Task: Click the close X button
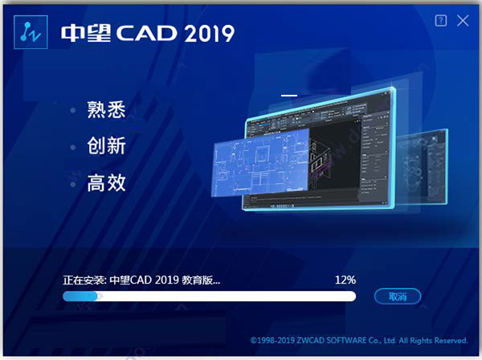pyautogui.click(x=463, y=22)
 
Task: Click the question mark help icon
pyautogui.click(x=441, y=22)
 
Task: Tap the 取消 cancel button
pyautogui.click(x=398, y=297)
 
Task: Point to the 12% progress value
pyautogui.click(x=345, y=280)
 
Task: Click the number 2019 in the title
pyautogui.click(x=208, y=33)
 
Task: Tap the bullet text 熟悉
pyautogui.click(x=107, y=111)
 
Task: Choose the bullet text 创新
pyautogui.click(x=107, y=147)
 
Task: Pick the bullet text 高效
pyautogui.click(x=107, y=183)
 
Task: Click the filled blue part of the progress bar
pyautogui.click(x=80, y=297)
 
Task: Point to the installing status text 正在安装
pyautogui.click(x=84, y=280)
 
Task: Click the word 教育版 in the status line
pyautogui.click(x=202, y=280)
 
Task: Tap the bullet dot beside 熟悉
pyautogui.click(x=73, y=111)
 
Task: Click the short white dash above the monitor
pyautogui.click(x=288, y=96)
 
